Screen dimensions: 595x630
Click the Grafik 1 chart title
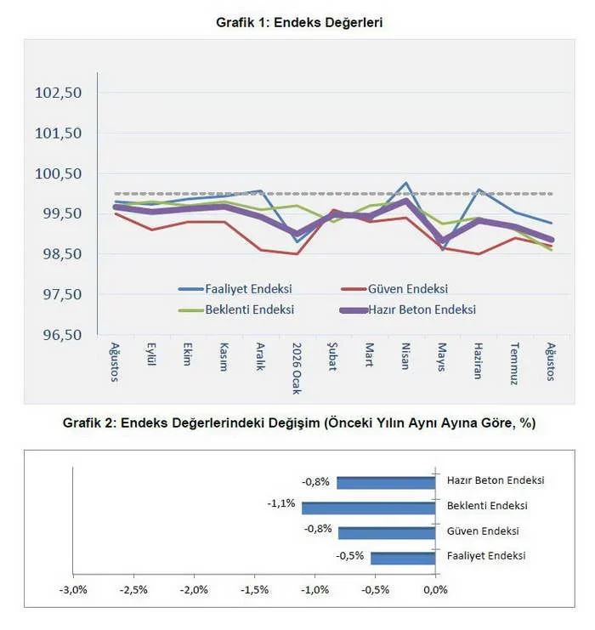tap(299, 22)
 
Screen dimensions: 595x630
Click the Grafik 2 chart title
tap(299, 423)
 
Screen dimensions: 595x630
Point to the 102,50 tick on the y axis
tap(59, 93)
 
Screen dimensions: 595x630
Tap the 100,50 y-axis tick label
tap(59, 173)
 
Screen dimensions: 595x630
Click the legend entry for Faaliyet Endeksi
tap(235, 289)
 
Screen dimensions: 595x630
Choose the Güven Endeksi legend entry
tap(394, 289)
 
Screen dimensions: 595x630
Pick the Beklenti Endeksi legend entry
tap(236, 309)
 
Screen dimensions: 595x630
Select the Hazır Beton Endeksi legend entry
tap(408, 309)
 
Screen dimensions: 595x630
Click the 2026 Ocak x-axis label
tap(297, 368)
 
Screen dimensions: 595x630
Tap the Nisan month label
tap(405, 356)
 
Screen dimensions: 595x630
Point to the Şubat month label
tap(332, 357)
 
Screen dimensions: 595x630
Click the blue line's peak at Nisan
tap(406, 183)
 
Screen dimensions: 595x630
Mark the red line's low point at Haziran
tap(479, 254)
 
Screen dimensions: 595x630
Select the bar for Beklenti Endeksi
tap(369, 508)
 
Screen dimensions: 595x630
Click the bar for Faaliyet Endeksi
tap(403, 559)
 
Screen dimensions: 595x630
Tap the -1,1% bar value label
tap(281, 503)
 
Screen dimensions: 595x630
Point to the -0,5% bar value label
tap(350, 556)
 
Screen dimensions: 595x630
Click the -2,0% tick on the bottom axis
tap(194, 590)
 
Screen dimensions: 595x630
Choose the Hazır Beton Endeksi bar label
tap(496, 480)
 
